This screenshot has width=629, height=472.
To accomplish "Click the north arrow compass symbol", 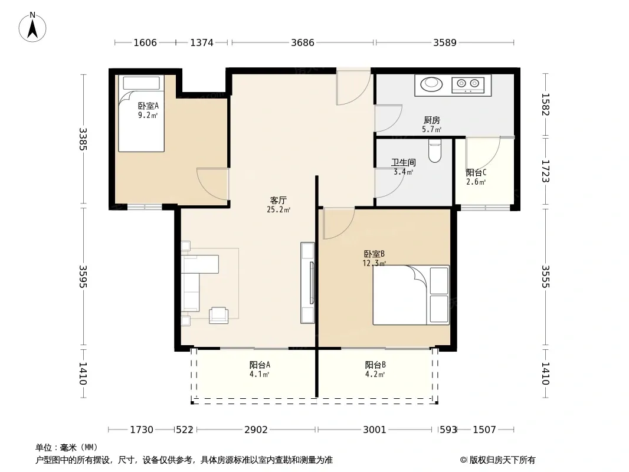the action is point(32,27).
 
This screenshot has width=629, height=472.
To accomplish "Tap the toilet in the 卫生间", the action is point(434,150).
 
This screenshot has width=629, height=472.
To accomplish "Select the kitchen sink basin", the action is point(431,84).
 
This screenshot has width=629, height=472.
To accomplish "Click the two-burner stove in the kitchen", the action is point(468,84).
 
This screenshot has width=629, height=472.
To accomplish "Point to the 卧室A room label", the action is point(149,106).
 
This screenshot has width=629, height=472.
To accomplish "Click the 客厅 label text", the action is point(279,200).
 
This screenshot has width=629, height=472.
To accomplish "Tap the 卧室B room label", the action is point(374,254).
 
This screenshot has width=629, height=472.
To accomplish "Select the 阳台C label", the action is point(476,173).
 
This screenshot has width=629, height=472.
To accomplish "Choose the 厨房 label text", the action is point(432,120).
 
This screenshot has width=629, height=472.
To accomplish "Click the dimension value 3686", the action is point(303,42).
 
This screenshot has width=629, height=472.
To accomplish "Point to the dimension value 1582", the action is point(545,104).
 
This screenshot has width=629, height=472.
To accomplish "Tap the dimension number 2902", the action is point(256,430).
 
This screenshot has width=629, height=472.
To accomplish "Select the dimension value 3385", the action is point(83,139).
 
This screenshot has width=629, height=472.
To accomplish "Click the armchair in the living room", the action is point(219,315).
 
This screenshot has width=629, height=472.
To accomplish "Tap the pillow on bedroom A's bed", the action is point(142,83).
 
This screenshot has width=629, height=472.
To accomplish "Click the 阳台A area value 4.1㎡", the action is point(259,374).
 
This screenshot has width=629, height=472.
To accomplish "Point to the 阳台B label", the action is point(375,365).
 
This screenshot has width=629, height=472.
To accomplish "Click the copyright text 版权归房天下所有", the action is point(502,460).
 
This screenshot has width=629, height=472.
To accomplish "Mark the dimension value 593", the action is point(448,430).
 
